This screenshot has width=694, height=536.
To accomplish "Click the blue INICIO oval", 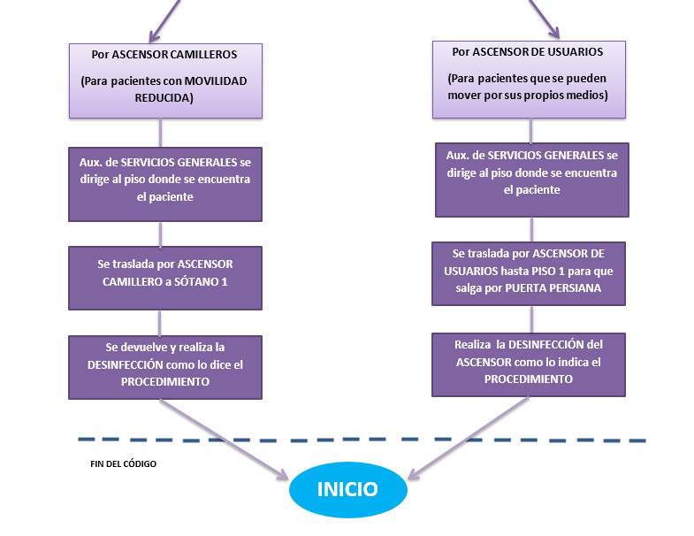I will tap(347, 489).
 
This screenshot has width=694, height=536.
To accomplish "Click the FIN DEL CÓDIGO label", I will tap(123, 463).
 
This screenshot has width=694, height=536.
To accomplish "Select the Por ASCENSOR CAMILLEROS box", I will tap(165, 80).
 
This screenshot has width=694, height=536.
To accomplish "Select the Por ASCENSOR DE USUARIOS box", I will tap(528, 79).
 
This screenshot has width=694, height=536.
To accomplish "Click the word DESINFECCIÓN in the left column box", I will tap(126, 364).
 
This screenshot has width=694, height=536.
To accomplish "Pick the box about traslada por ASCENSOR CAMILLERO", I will tap(165, 278).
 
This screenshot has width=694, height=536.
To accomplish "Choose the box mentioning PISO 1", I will tap(529, 273).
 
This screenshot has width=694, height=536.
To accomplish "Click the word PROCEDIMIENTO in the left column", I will tap(165, 382).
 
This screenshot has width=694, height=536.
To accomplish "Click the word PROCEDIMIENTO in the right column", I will tap(529, 379).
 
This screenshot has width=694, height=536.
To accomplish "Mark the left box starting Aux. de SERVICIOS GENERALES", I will tap(165, 184).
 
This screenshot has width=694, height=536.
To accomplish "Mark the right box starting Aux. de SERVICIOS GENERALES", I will tap(531, 180).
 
